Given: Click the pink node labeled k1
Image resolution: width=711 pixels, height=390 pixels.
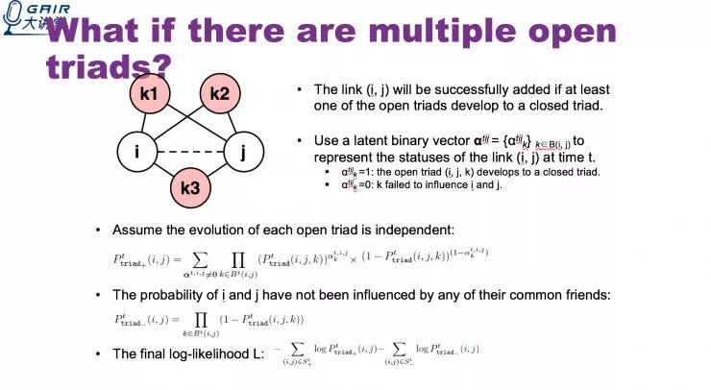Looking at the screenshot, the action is pyautogui.click(x=149, y=94).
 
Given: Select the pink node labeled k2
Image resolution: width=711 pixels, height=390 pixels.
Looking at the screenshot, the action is pyautogui.click(x=218, y=94).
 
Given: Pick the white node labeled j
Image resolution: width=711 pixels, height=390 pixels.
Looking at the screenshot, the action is pyautogui.click(x=244, y=151).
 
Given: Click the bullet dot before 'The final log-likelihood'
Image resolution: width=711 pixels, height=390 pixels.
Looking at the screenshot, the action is pyautogui.click(x=98, y=353).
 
